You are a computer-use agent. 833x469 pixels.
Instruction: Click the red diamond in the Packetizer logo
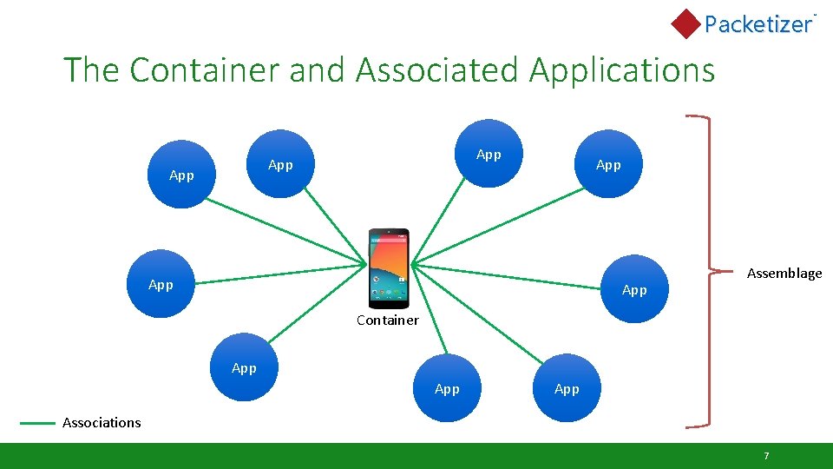coord(686,23)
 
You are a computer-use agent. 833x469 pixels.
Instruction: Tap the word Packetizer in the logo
coord(758,24)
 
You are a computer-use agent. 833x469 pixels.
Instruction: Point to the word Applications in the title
coord(621,69)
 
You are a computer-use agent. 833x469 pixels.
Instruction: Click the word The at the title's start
coord(92,69)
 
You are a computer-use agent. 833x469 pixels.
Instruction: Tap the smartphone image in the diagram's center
coord(388,268)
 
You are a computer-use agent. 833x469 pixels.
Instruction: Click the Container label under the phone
coord(387,320)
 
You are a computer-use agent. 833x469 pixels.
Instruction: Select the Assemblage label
coord(784,274)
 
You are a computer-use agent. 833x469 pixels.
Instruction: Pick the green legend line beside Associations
coord(37,423)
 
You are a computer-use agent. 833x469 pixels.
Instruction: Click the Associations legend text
coord(102,423)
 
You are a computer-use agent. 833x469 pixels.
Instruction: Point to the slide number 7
coord(766,456)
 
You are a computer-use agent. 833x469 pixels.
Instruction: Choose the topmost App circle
coord(489,154)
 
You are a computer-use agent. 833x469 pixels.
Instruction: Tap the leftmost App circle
coord(161,284)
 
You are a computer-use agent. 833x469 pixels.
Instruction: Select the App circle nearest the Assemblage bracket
coord(634,289)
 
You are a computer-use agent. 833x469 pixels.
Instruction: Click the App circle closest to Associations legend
coord(245,367)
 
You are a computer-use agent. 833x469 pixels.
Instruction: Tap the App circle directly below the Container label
coord(447,388)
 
